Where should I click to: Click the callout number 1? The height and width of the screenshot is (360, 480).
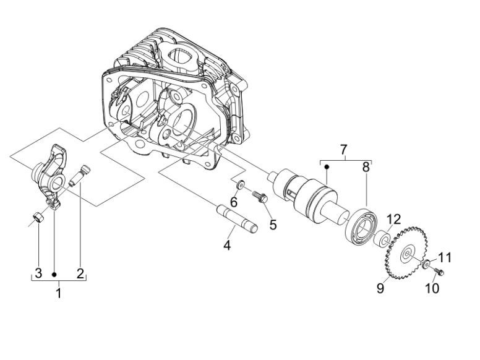(x=59, y=293)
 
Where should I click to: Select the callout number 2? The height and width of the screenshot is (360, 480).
(x=80, y=273)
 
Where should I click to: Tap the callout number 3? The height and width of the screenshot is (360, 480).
(x=38, y=273)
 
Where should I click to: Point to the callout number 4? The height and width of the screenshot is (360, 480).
(x=227, y=246)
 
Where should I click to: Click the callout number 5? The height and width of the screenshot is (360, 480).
(x=272, y=224)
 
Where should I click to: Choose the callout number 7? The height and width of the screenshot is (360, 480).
(x=344, y=150)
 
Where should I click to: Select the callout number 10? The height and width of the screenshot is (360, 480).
(x=432, y=289)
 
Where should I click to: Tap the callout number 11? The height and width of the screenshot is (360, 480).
(x=445, y=257)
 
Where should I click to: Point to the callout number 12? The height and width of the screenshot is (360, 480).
(x=394, y=218)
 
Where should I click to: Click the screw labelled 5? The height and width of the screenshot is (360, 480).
(x=260, y=197)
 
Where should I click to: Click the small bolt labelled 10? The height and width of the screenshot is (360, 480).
(x=440, y=272)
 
